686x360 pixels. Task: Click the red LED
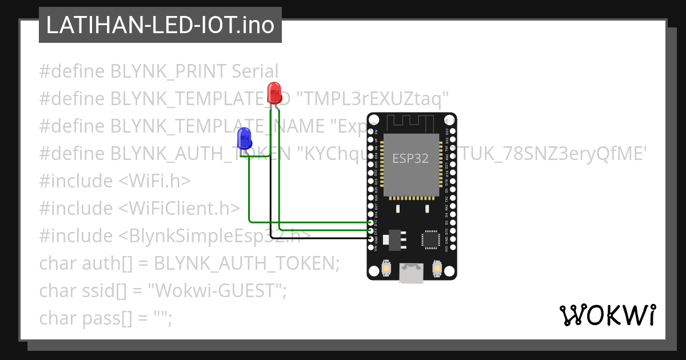[274, 92]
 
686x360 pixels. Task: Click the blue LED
[244, 138]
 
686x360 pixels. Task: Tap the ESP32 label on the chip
[410, 158]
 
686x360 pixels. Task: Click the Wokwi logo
[607, 315]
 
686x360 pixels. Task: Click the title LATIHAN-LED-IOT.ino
[160, 25]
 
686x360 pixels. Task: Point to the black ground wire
[320, 237]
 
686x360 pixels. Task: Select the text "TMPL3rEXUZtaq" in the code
[374, 99]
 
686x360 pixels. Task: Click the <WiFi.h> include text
[155, 181]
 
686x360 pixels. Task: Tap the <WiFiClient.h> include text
[180, 209]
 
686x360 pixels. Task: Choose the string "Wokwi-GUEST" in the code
[217, 291]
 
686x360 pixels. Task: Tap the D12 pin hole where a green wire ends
[371, 222]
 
